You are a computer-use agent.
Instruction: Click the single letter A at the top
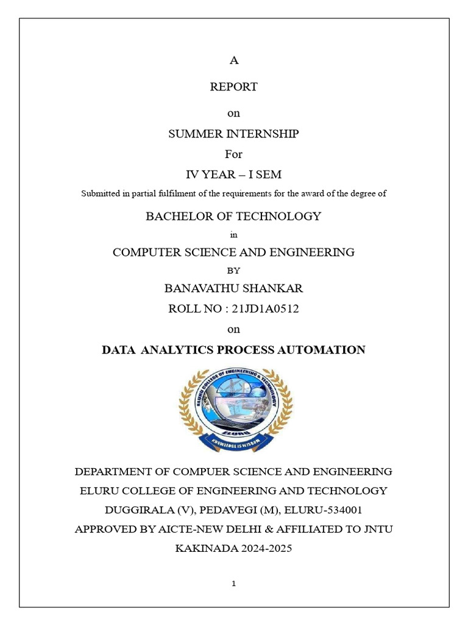pyautogui.click(x=233, y=60)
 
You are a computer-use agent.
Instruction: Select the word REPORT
pyautogui.click(x=233, y=87)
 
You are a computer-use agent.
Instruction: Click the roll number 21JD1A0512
pyautogui.click(x=266, y=309)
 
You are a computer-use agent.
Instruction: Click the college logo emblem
pyautogui.click(x=235, y=409)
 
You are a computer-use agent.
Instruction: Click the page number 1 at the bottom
pyautogui.click(x=234, y=584)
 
